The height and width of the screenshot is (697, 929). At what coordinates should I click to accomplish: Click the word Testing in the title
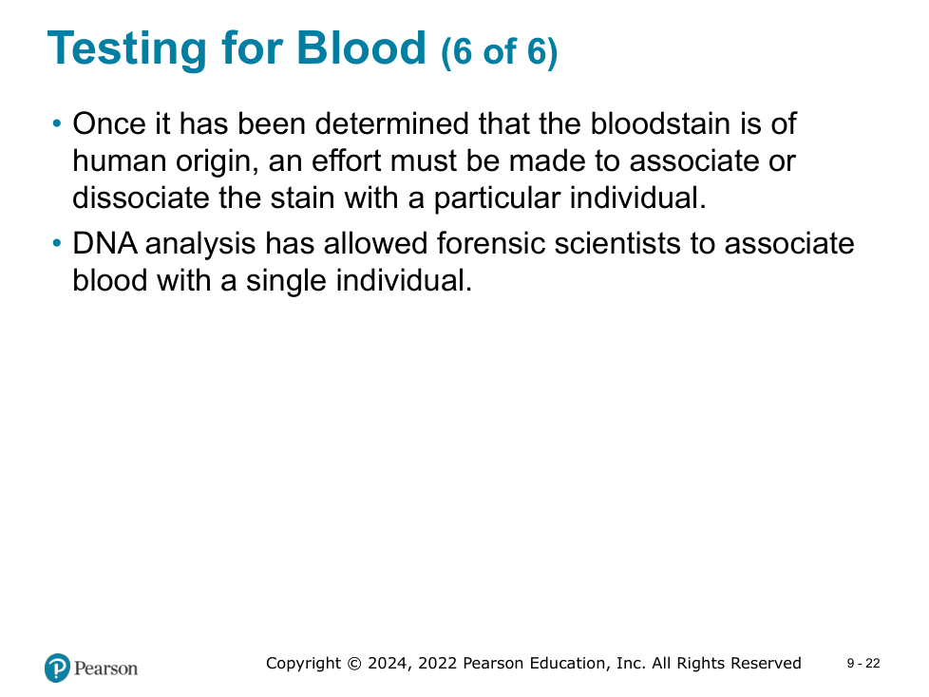tap(126, 49)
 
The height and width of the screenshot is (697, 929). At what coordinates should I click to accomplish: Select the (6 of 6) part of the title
tap(500, 51)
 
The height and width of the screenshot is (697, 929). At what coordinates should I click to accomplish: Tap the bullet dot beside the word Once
tap(57, 123)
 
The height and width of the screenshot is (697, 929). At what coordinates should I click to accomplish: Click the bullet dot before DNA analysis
tap(57, 243)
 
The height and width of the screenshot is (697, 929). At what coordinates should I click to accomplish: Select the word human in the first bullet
tap(119, 161)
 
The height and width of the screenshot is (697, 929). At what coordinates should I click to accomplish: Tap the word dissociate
tap(141, 198)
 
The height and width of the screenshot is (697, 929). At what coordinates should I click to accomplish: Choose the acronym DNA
tap(104, 243)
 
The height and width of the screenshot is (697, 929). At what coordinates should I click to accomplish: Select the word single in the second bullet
tap(286, 281)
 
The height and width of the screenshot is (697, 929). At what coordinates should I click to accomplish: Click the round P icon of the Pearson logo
tap(58, 668)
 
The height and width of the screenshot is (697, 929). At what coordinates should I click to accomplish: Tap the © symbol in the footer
tap(353, 663)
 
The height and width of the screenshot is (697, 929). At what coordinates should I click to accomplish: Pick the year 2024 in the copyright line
tap(389, 663)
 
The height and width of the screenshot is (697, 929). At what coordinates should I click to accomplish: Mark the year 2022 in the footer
tap(438, 663)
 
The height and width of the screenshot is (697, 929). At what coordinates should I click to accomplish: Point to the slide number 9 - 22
tap(863, 664)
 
